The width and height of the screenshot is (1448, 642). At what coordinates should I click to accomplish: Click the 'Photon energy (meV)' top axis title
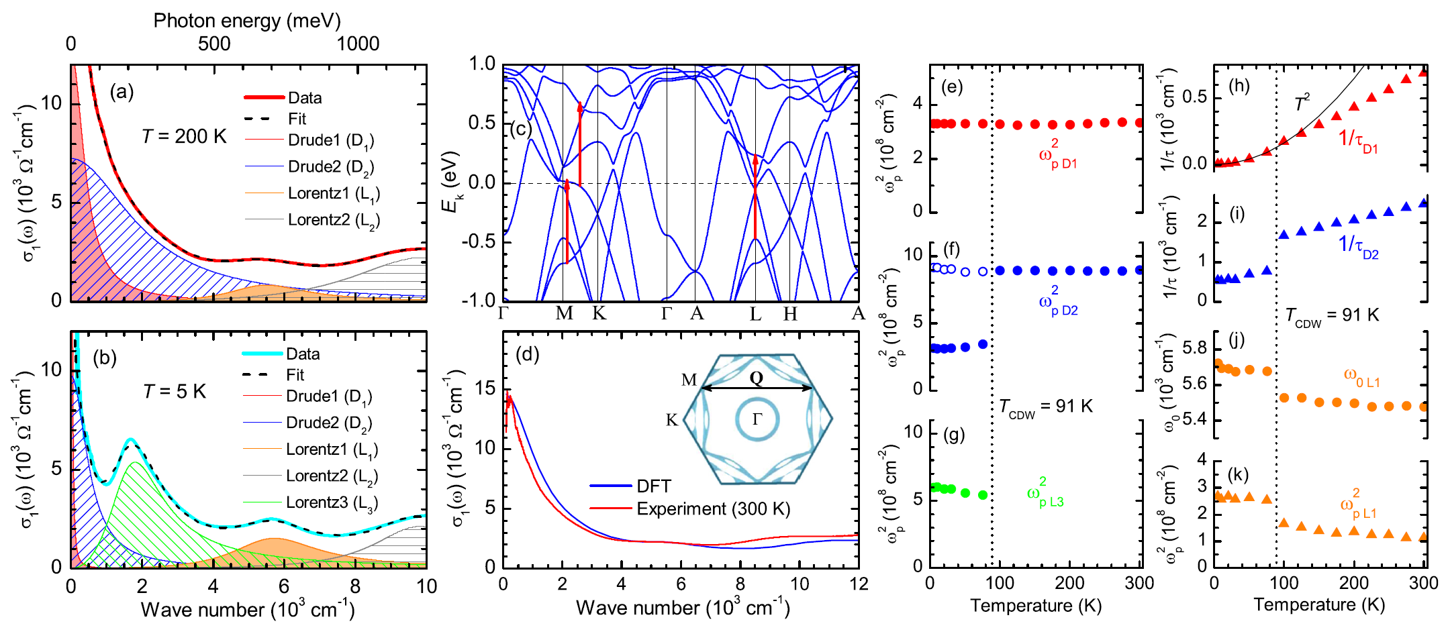[247, 21]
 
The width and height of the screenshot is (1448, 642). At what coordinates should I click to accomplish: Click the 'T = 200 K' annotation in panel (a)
[184, 137]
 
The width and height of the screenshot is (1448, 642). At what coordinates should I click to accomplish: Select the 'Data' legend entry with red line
[305, 98]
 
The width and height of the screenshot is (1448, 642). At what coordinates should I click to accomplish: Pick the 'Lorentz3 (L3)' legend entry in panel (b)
[332, 502]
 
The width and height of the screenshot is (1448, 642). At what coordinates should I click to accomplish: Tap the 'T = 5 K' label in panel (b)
[175, 392]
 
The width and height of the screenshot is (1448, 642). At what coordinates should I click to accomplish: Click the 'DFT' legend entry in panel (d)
[654, 486]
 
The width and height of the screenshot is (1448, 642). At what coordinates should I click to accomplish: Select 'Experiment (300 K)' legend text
[714, 509]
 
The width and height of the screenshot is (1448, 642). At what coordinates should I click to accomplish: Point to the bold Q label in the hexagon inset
[757, 378]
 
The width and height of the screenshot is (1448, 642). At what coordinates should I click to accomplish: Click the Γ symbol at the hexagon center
[757, 419]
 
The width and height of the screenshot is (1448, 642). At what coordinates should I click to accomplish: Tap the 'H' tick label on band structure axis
[790, 314]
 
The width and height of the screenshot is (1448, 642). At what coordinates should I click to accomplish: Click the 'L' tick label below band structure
[756, 314]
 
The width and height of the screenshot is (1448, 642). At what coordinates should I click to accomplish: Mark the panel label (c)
[520, 129]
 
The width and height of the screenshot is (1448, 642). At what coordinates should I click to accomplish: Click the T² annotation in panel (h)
[1302, 103]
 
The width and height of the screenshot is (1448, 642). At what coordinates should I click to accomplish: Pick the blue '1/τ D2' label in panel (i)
[1358, 246]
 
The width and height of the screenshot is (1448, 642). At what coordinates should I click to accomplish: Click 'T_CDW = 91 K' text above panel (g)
[1045, 407]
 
